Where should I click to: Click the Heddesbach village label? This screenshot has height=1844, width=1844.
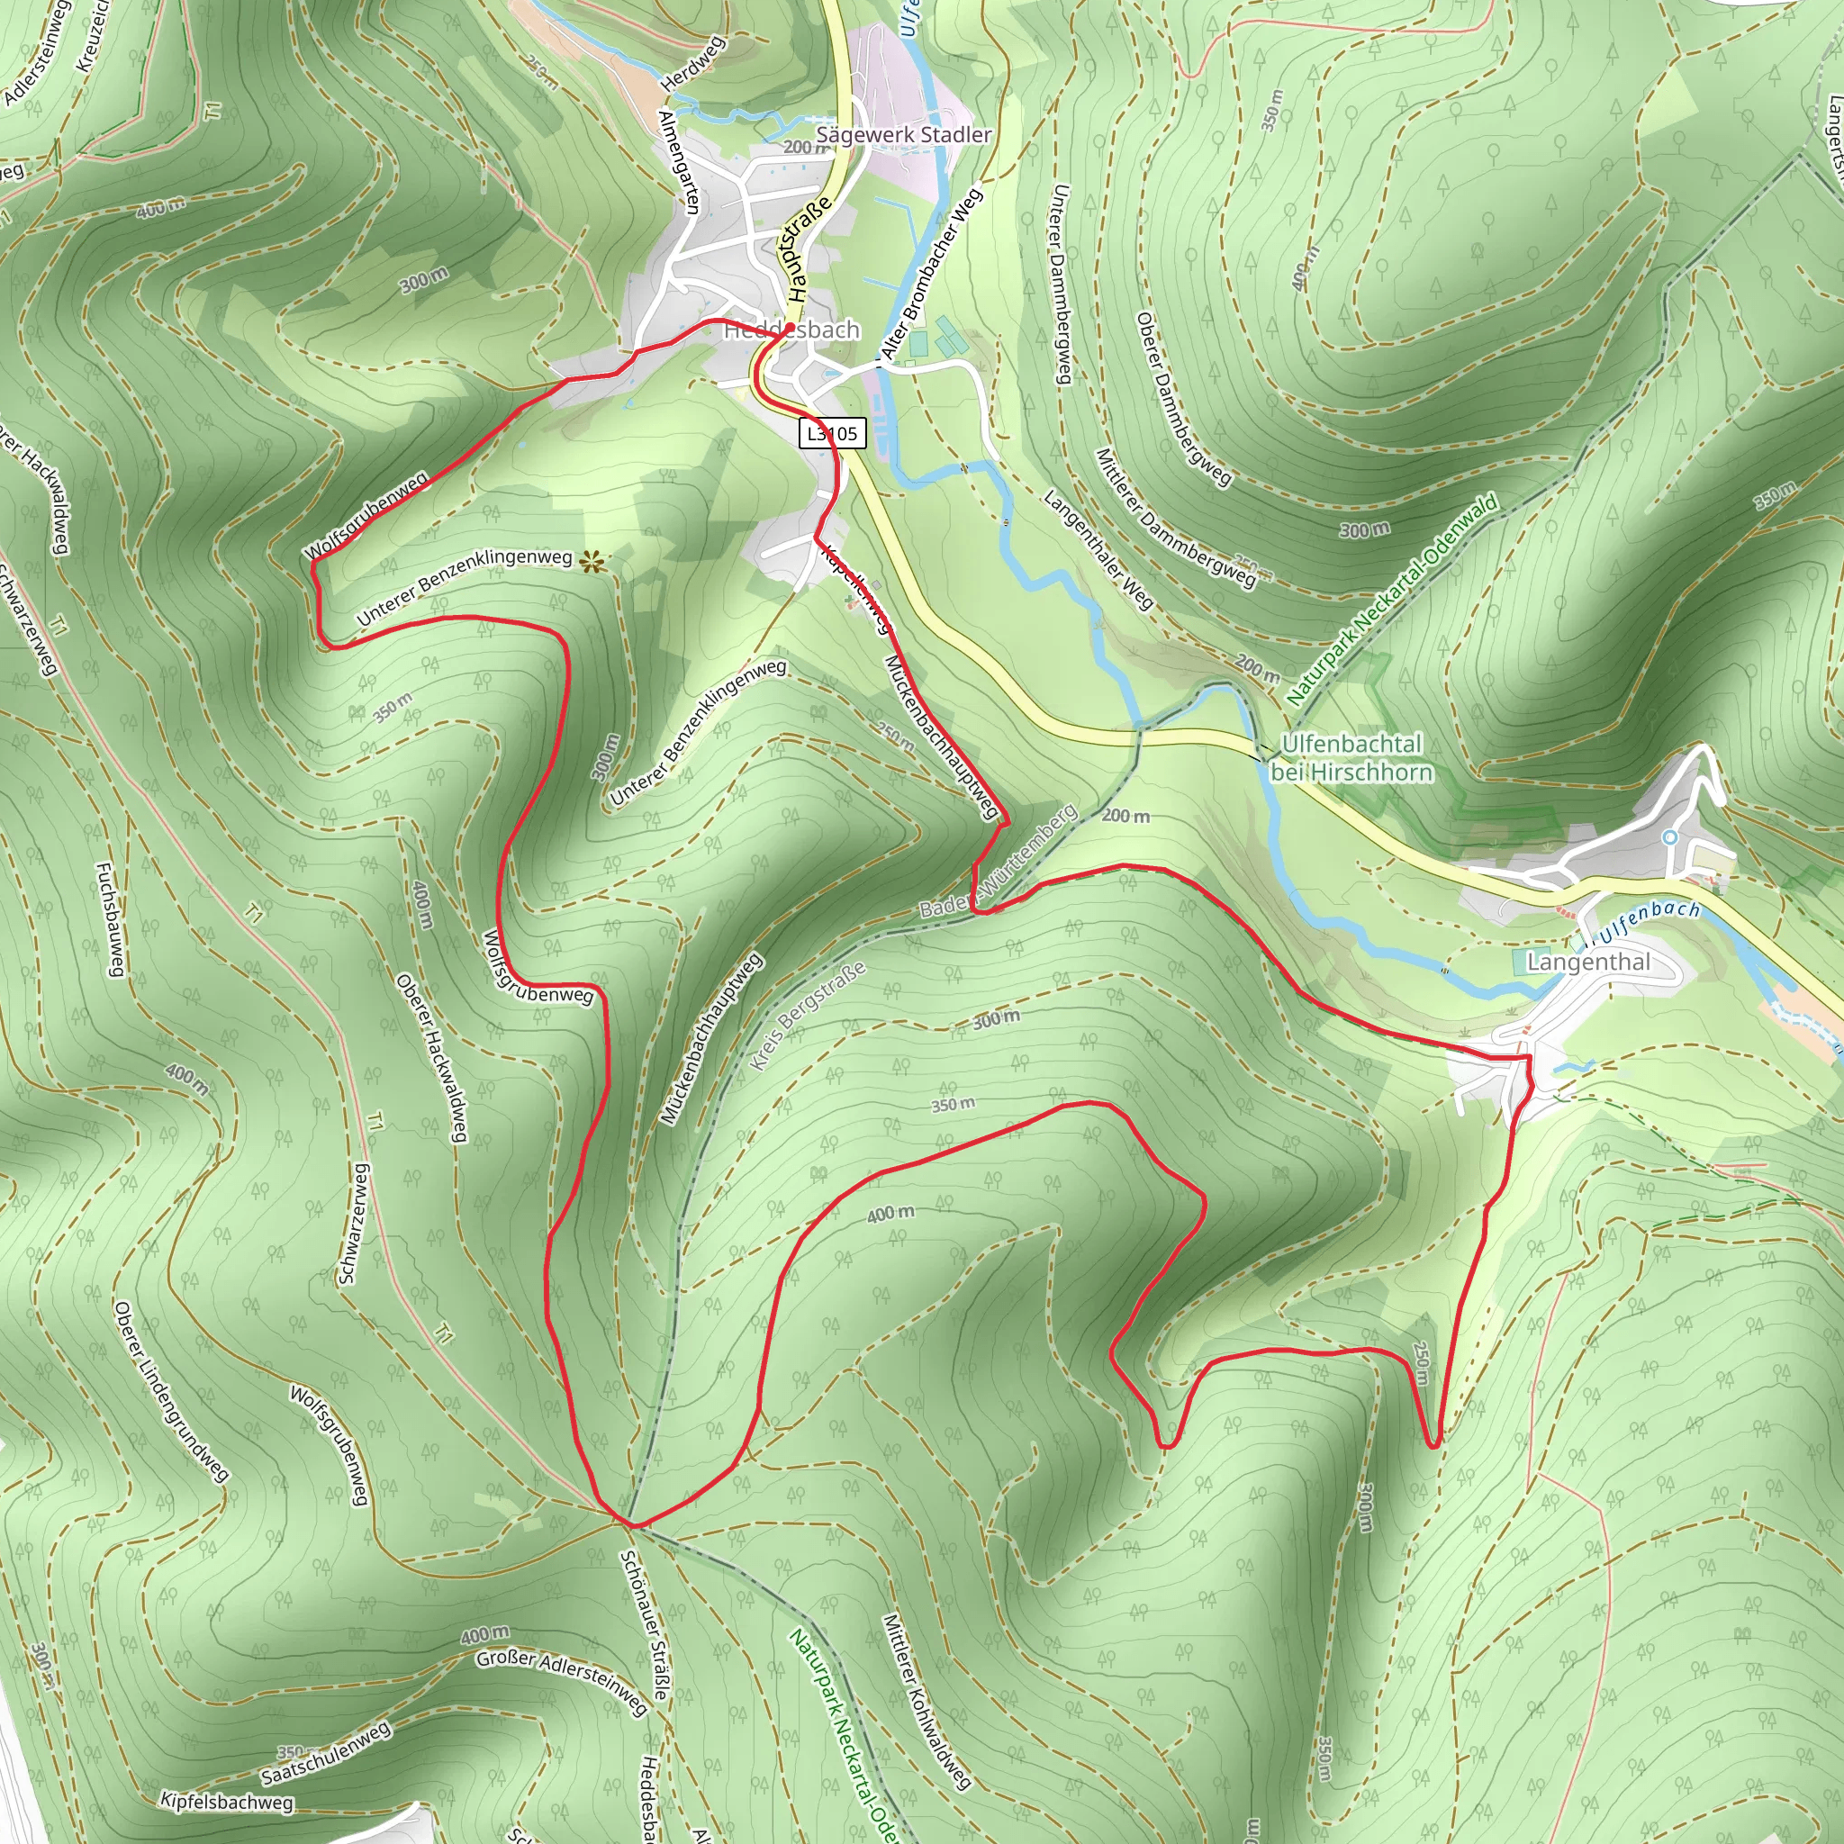(x=791, y=330)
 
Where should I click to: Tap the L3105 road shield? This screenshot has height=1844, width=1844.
(x=832, y=433)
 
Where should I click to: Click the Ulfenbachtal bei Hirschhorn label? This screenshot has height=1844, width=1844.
(x=1351, y=757)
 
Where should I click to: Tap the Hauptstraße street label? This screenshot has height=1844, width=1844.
(x=809, y=242)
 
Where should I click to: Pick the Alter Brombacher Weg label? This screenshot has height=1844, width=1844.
(x=931, y=274)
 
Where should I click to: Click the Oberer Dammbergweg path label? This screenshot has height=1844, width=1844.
(x=1182, y=398)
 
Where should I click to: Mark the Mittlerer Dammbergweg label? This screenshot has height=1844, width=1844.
(x=1175, y=516)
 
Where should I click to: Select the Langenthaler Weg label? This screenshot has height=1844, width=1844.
(x=1098, y=550)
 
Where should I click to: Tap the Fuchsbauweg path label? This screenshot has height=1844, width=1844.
(x=111, y=919)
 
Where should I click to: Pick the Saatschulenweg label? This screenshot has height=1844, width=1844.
(x=327, y=1753)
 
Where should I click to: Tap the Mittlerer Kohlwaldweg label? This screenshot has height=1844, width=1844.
(x=926, y=1700)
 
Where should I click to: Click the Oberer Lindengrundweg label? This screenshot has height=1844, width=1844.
(x=171, y=1389)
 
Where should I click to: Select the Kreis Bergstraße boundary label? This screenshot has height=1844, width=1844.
(x=808, y=1015)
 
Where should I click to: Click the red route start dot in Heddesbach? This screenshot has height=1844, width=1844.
(x=790, y=329)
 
